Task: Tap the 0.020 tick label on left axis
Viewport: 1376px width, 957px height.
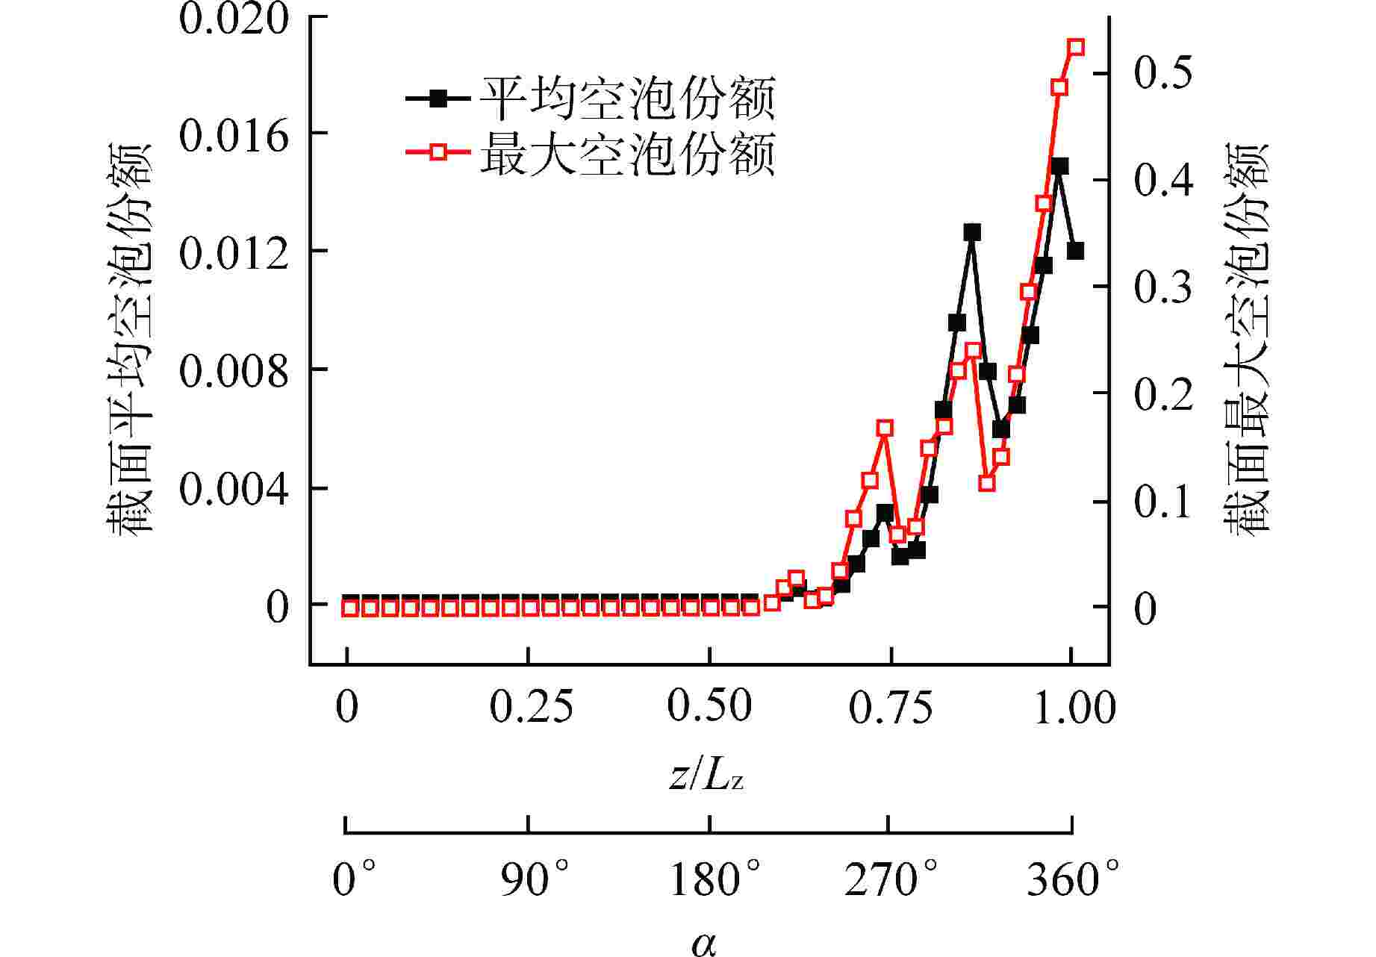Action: pyautogui.click(x=233, y=19)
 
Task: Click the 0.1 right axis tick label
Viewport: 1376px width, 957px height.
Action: pyautogui.click(x=1163, y=502)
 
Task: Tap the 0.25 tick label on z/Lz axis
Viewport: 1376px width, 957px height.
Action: pyautogui.click(x=531, y=706)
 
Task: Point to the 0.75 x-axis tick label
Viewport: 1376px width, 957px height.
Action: pyautogui.click(x=891, y=706)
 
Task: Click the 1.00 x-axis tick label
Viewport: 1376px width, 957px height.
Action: pyautogui.click(x=1074, y=706)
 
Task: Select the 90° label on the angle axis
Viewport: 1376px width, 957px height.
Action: pyautogui.click(x=535, y=880)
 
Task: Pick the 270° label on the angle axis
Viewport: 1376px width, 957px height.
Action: pyautogui.click(x=891, y=880)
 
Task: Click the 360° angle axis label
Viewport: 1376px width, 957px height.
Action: pyautogui.click(x=1073, y=880)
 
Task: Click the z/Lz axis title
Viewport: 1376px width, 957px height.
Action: pyautogui.click(x=706, y=777)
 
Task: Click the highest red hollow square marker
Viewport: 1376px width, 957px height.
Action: pyautogui.click(x=1075, y=48)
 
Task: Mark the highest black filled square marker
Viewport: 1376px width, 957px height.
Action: pyautogui.click(x=1059, y=166)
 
